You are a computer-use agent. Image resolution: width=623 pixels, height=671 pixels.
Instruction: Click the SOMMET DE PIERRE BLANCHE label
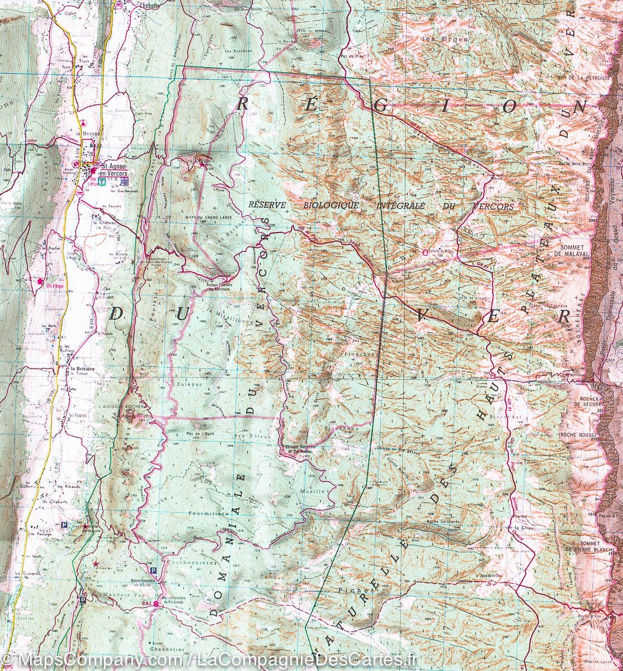(x=582, y=546)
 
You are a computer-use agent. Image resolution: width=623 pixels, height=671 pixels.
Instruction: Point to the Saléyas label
(x=188, y=385)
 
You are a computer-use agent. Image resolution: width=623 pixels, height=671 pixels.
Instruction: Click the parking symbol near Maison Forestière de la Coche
(x=153, y=570)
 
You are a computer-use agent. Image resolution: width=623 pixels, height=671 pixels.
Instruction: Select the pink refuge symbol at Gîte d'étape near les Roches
(x=40, y=281)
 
